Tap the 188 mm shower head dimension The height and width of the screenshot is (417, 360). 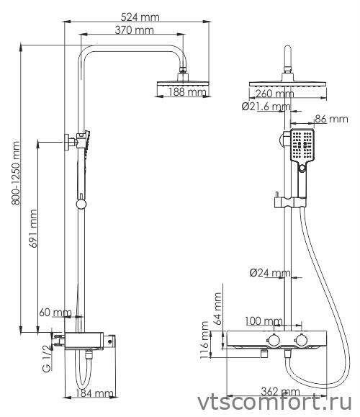186,92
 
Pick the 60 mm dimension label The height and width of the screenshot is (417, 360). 55,313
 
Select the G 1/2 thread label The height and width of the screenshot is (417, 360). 45,358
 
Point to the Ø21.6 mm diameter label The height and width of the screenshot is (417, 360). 265,107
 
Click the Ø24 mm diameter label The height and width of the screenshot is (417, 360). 269,273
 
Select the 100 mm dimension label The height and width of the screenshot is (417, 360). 264,320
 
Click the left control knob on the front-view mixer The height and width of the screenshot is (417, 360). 274,339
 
